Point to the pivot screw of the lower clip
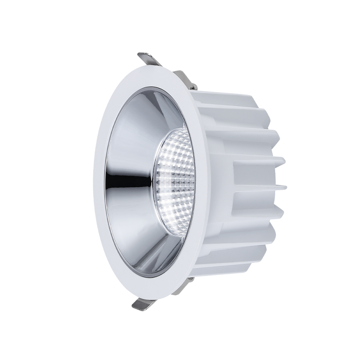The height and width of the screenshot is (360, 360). click(190, 279)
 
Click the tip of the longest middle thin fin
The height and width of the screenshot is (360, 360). click(285, 186)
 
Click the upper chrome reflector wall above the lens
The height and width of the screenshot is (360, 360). click(151, 112)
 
